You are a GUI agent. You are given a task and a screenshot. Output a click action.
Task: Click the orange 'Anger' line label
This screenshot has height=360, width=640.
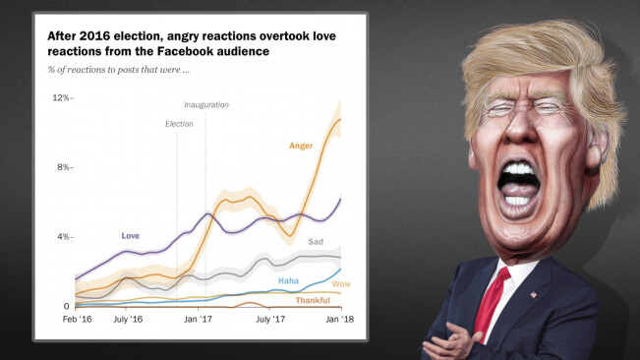[300, 146]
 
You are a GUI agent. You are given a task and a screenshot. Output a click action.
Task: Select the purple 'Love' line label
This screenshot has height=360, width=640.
[130, 236]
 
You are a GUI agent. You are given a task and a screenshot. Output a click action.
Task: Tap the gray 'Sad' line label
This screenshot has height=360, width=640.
[316, 242]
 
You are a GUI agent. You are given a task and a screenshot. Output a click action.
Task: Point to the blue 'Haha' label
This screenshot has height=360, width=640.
[288, 281]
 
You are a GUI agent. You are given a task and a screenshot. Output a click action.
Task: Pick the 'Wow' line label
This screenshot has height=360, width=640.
[342, 285]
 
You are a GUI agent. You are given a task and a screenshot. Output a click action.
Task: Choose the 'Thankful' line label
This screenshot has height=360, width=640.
[313, 300]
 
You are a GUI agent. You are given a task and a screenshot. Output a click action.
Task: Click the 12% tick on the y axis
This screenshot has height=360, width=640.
[61, 98]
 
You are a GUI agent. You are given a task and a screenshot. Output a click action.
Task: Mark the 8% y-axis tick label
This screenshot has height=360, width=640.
[63, 167]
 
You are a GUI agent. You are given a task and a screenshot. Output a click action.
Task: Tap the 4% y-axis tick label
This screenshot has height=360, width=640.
[63, 237]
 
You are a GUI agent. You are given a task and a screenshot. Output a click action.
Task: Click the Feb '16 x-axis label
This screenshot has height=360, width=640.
[78, 320]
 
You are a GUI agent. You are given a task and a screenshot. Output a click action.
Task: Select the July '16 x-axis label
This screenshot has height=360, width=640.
[128, 320]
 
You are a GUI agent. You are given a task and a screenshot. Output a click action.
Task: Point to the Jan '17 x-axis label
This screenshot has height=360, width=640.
[200, 320]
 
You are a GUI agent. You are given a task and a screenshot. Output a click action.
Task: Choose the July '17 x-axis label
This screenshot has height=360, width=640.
[270, 320]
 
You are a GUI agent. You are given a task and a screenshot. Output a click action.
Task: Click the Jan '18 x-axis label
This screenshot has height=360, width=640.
[340, 320]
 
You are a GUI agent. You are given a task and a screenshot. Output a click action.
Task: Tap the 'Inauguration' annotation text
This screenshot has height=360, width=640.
[205, 104]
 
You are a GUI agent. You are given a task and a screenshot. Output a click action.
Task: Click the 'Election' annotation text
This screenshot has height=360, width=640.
[179, 124]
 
